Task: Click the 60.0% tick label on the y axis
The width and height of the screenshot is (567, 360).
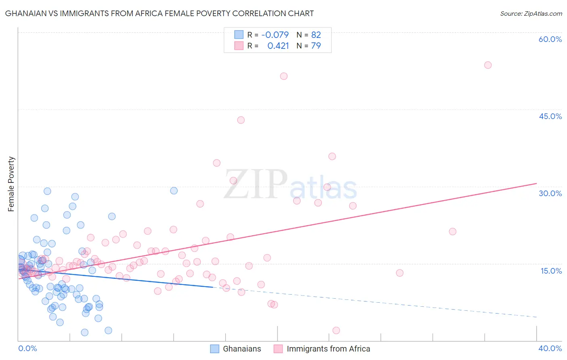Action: pyautogui.click(x=550, y=39)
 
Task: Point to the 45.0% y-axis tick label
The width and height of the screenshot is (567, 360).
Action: pyautogui.click(x=550, y=116)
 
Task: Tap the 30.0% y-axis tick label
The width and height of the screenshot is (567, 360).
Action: pyautogui.click(x=550, y=193)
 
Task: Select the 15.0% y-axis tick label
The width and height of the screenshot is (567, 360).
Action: pyautogui.click(x=551, y=271)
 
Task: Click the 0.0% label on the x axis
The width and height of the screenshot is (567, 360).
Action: pyautogui.click(x=27, y=348)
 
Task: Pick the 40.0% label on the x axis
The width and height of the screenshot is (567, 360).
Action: pyautogui.click(x=550, y=348)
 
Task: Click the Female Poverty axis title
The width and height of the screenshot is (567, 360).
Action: pyautogui.click(x=11, y=184)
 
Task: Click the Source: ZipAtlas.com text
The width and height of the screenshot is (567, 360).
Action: pyautogui.click(x=531, y=13)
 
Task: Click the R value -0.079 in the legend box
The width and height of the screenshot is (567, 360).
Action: pyautogui.click(x=275, y=35)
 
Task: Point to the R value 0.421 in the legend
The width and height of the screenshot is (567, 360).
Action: pyautogui.click(x=278, y=46)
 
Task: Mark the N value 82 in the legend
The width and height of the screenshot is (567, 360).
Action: pyautogui.click(x=316, y=35)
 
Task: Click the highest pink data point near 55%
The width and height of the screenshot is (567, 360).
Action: pyautogui.click(x=488, y=65)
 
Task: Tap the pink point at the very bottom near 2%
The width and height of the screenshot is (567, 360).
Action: pyautogui.click(x=336, y=331)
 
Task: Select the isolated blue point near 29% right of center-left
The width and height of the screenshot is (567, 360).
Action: pyautogui.click(x=174, y=190)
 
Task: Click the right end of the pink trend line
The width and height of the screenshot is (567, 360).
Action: pyautogui.click(x=536, y=184)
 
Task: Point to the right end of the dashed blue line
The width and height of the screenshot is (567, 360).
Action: pyautogui.click(x=536, y=317)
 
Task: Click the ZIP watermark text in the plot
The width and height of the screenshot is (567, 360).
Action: pyautogui.click(x=255, y=184)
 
